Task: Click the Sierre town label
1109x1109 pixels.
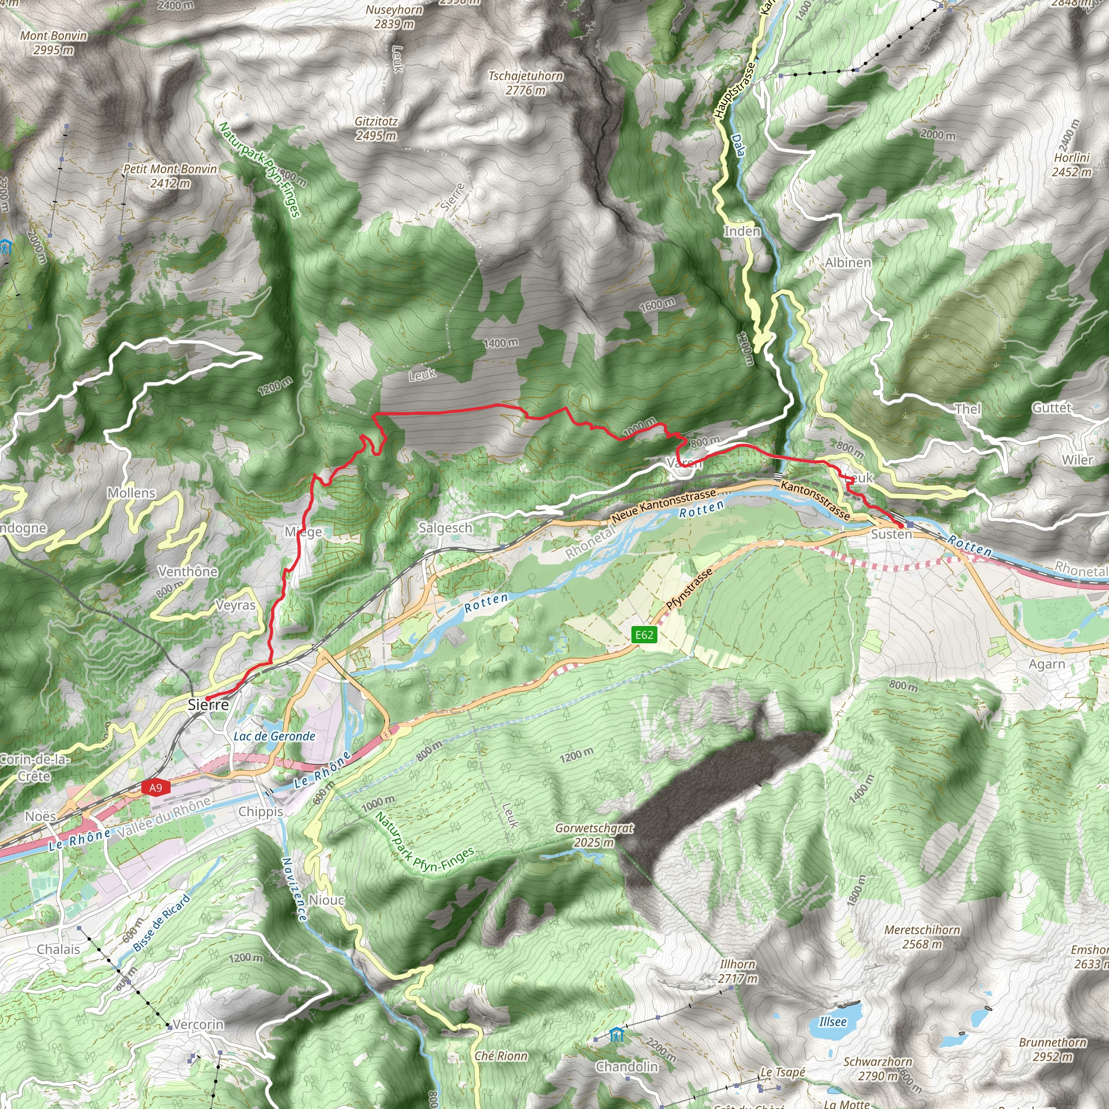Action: pyautogui.click(x=208, y=705)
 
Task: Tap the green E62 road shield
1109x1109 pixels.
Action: pyautogui.click(x=643, y=635)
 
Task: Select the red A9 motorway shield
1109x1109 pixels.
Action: pyautogui.click(x=155, y=787)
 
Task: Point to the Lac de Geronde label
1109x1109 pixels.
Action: pyautogui.click(x=275, y=736)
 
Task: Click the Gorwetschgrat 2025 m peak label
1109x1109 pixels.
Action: pyautogui.click(x=594, y=835)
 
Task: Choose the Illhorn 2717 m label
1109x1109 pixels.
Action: pyautogui.click(x=738, y=971)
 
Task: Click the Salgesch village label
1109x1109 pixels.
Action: pyautogui.click(x=446, y=527)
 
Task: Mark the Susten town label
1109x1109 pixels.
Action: pyautogui.click(x=891, y=534)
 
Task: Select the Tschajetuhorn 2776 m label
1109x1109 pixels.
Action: pyautogui.click(x=525, y=83)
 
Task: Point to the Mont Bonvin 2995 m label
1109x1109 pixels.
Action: pyautogui.click(x=54, y=42)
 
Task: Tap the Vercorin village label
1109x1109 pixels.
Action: pyautogui.click(x=199, y=1025)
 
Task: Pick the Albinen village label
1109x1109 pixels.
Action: pyautogui.click(x=848, y=263)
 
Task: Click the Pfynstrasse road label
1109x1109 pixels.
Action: pyautogui.click(x=689, y=589)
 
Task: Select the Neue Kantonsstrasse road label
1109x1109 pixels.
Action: pyautogui.click(x=663, y=506)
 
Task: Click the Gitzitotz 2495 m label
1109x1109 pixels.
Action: pyautogui.click(x=376, y=128)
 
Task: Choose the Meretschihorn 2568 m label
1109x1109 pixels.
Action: pyautogui.click(x=922, y=937)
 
